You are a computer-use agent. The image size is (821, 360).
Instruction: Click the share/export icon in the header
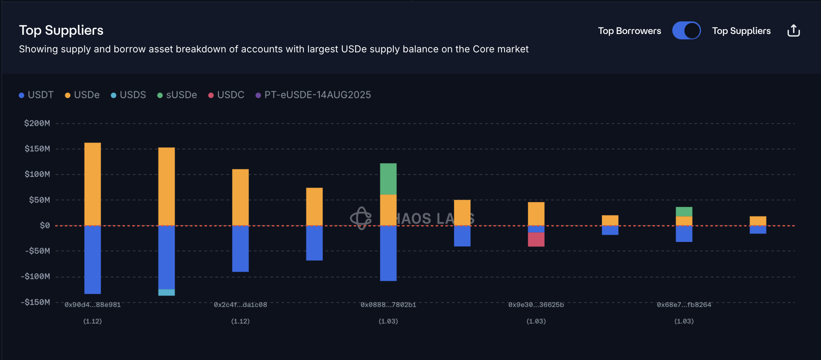pyautogui.click(x=793, y=31)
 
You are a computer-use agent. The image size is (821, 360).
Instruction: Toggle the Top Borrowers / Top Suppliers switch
pyautogui.click(x=686, y=31)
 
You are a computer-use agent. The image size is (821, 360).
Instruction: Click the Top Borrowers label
pyautogui.click(x=629, y=31)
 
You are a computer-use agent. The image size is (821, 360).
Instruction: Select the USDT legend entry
pyautogui.click(x=36, y=95)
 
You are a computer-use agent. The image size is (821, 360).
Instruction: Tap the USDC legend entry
pyautogui.click(x=226, y=95)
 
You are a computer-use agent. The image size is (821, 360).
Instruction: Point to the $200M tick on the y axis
pyautogui.click(x=37, y=123)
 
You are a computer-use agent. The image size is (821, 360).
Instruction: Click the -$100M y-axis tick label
pyautogui.click(x=36, y=276)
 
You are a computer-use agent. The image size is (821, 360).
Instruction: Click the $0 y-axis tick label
pyautogui.click(x=45, y=225)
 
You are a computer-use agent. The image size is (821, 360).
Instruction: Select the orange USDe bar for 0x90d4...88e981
pyautogui.click(x=92, y=184)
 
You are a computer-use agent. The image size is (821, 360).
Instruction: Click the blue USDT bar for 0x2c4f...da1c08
pyautogui.click(x=240, y=248)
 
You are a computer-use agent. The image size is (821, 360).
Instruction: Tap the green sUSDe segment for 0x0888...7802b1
pyautogui.click(x=388, y=179)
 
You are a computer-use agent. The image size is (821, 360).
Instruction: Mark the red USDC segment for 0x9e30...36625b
pyautogui.click(x=536, y=239)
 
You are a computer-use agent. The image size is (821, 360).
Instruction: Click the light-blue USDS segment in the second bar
pyautogui.click(x=167, y=292)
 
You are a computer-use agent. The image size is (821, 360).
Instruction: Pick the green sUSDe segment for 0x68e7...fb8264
pyautogui.click(x=684, y=212)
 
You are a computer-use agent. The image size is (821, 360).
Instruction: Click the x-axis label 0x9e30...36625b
pyautogui.click(x=536, y=305)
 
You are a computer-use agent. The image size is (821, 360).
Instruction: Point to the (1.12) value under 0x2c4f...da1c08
pyautogui.click(x=240, y=321)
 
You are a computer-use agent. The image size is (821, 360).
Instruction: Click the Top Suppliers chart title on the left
pyautogui.click(x=61, y=30)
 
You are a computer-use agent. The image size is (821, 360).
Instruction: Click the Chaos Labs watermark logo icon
pyautogui.click(x=361, y=218)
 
